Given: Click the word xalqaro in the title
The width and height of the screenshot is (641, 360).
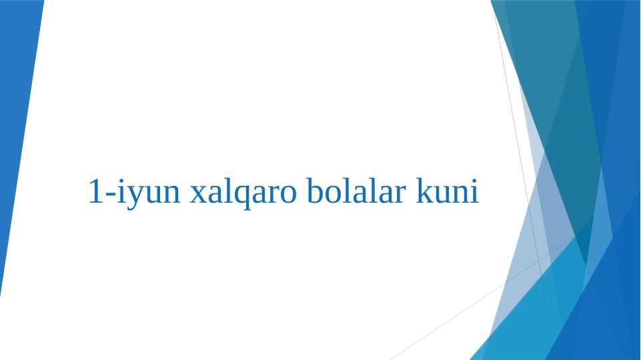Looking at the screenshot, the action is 243,192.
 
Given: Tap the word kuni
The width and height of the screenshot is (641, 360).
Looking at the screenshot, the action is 447,190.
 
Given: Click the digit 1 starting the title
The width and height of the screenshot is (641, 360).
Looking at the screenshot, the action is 95,191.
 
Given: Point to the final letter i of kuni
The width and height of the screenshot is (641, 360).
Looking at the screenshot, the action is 474,191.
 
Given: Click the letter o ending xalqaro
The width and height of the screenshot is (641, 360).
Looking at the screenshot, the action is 287,195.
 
